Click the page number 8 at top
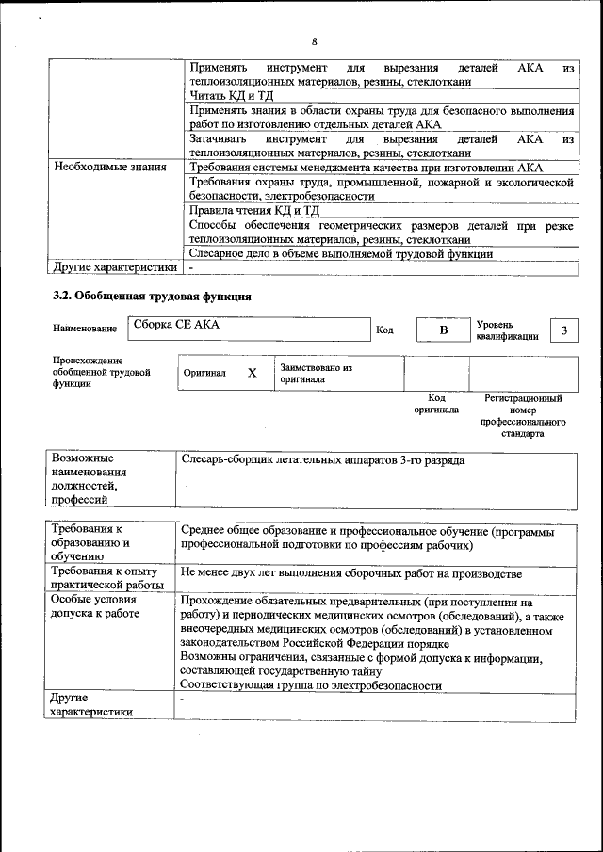[314, 41]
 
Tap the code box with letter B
[443, 330]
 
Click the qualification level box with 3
[563, 330]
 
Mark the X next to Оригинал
[252, 373]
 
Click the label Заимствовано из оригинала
[316, 373]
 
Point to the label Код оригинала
[436, 404]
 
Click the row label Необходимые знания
[110, 167]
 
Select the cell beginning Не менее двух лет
[350, 572]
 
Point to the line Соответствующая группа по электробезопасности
[311, 686]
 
